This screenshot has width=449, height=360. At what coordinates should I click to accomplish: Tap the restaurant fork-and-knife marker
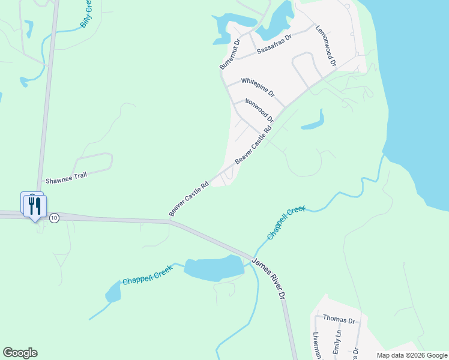(35, 206)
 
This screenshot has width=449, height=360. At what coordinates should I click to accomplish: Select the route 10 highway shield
(54, 218)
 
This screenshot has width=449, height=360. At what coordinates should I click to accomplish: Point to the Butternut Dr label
(229, 53)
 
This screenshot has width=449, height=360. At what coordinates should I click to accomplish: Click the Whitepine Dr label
(258, 87)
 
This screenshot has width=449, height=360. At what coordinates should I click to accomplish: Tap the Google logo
(20, 353)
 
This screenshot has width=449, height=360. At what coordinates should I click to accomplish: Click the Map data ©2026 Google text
(412, 355)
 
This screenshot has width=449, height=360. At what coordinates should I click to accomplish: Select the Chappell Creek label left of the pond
(148, 275)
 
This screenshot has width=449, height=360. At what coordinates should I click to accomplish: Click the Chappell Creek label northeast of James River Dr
(286, 223)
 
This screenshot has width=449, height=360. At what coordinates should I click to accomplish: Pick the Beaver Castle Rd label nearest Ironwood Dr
(253, 145)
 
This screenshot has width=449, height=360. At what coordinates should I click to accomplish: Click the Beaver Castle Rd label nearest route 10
(188, 199)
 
